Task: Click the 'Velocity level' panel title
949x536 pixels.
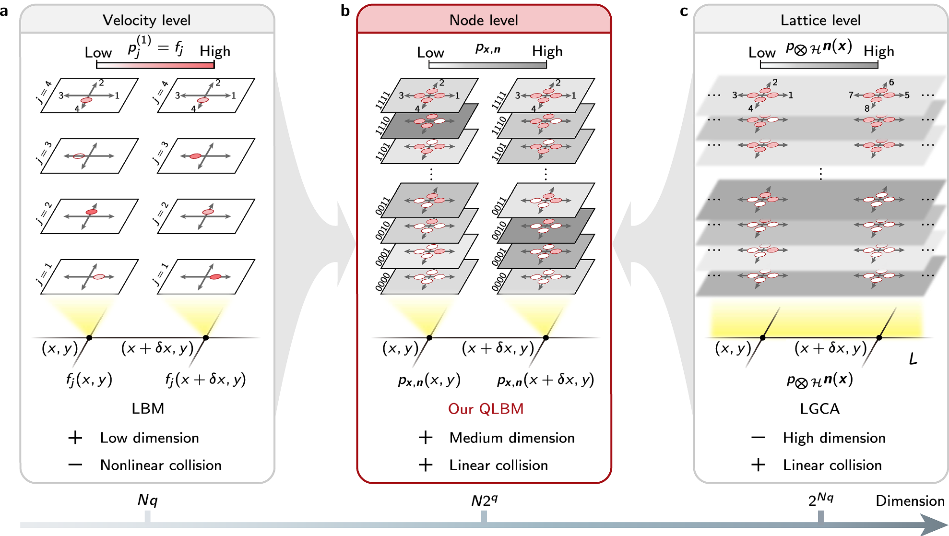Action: click(x=146, y=20)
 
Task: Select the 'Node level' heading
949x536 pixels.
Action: click(x=484, y=20)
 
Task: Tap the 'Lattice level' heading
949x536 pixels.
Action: click(x=820, y=20)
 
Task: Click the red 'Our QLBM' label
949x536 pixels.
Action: click(x=486, y=409)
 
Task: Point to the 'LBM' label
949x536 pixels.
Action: click(x=148, y=408)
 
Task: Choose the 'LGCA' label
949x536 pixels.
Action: click(x=819, y=409)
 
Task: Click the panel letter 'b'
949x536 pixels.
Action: click(x=345, y=11)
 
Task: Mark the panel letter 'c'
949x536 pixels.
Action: click(x=684, y=11)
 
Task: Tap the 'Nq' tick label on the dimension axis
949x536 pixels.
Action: click(x=147, y=500)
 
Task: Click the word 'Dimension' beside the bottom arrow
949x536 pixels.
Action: click(x=910, y=501)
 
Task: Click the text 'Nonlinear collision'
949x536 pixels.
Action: click(x=161, y=465)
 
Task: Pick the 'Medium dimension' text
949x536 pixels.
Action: click(x=512, y=438)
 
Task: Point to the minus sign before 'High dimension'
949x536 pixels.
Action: click(x=758, y=438)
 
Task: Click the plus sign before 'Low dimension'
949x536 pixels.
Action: click(x=75, y=438)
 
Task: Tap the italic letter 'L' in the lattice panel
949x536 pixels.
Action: click(x=913, y=359)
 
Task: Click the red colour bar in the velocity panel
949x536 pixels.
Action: click(x=155, y=65)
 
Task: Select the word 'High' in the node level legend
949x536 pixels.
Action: click(x=547, y=51)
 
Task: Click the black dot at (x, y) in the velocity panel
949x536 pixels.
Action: click(x=89, y=338)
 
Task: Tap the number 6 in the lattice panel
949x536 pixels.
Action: click(x=891, y=82)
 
